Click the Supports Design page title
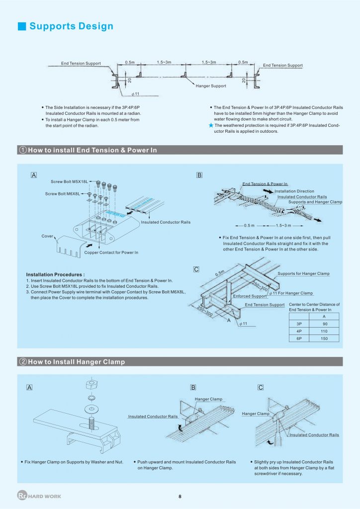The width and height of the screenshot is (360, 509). (71, 26)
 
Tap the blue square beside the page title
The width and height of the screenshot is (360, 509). (21, 26)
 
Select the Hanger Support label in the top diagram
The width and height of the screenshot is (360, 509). (211, 86)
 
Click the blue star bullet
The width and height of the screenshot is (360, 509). (211, 126)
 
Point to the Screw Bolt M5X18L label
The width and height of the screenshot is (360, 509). (70, 181)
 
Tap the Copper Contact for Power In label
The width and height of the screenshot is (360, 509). (111, 253)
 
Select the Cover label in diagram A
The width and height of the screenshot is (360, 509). (47, 236)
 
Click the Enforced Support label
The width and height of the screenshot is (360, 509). (250, 296)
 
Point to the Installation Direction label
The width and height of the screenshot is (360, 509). (294, 191)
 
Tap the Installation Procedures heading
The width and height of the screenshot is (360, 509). (55, 274)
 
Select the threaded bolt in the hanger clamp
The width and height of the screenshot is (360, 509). (92, 424)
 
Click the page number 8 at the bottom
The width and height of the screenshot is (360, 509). (180, 496)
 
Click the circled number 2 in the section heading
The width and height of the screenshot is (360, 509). (23, 362)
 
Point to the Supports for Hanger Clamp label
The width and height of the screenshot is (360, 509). (303, 274)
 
